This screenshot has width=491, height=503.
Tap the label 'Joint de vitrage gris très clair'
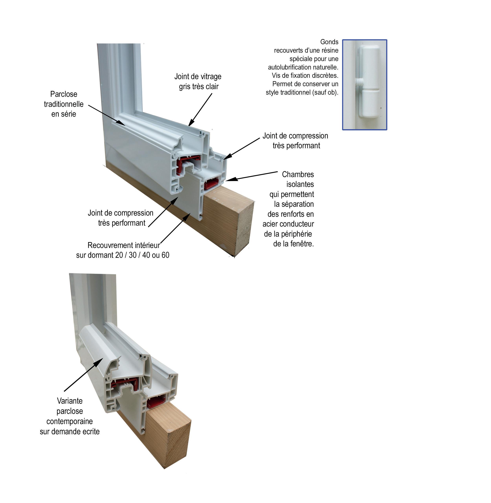click(x=198, y=81)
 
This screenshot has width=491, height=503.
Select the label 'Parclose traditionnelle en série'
click(x=64, y=104)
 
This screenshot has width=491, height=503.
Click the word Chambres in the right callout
click(x=298, y=175)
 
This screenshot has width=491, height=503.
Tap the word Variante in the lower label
click(x=70, y=401)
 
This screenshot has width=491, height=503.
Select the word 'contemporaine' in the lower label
click(x=70, y=421)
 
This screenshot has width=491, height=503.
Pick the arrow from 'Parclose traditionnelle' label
click(x=107, y=115)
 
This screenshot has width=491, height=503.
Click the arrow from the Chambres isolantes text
click(x=252, y=176)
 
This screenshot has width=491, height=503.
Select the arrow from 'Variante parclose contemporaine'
click(x=83, y=374)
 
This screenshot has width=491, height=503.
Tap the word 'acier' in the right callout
click(x=270, y=224)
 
